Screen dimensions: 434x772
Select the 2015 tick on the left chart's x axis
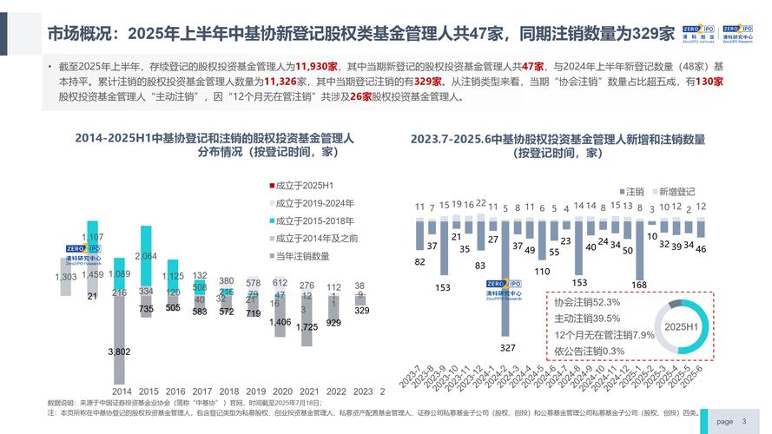pos(149,391)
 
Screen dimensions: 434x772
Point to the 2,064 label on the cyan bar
pos(147,256)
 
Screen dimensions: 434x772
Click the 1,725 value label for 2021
pos(306,327)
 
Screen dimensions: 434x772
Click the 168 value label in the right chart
pos(639,286)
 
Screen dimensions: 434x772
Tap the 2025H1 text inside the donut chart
pos(682,326)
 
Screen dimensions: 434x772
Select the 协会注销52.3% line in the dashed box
pos(586,302)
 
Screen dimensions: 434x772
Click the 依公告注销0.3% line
pos(590,350)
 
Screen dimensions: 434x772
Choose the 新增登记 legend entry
pos(672,191)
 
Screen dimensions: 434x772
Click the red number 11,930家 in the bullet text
pos(316,66)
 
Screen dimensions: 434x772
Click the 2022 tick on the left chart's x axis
pos(336,391)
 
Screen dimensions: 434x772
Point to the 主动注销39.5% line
pos(586,318)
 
